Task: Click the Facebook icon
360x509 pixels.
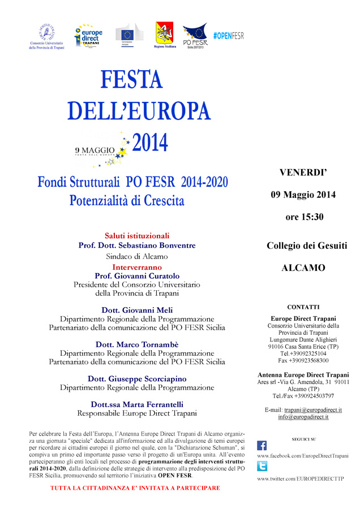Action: tap(262, 445)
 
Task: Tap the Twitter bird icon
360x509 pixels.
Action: tap(262, 467)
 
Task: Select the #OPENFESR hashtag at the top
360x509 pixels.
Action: tap(228, 36)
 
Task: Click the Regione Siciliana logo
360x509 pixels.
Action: tap(165, 36)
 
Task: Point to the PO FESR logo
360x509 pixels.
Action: tap(195, 36)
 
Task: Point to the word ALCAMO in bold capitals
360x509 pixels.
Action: tap(303, 268)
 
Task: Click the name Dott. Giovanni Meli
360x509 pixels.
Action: tap(138, 310)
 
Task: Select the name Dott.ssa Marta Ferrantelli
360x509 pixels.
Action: tap(138, 404)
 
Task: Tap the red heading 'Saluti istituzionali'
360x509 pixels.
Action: tap(137, 236)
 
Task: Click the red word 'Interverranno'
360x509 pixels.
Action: tap(137, 266)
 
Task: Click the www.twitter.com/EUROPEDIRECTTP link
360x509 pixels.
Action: tap(300, 478)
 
